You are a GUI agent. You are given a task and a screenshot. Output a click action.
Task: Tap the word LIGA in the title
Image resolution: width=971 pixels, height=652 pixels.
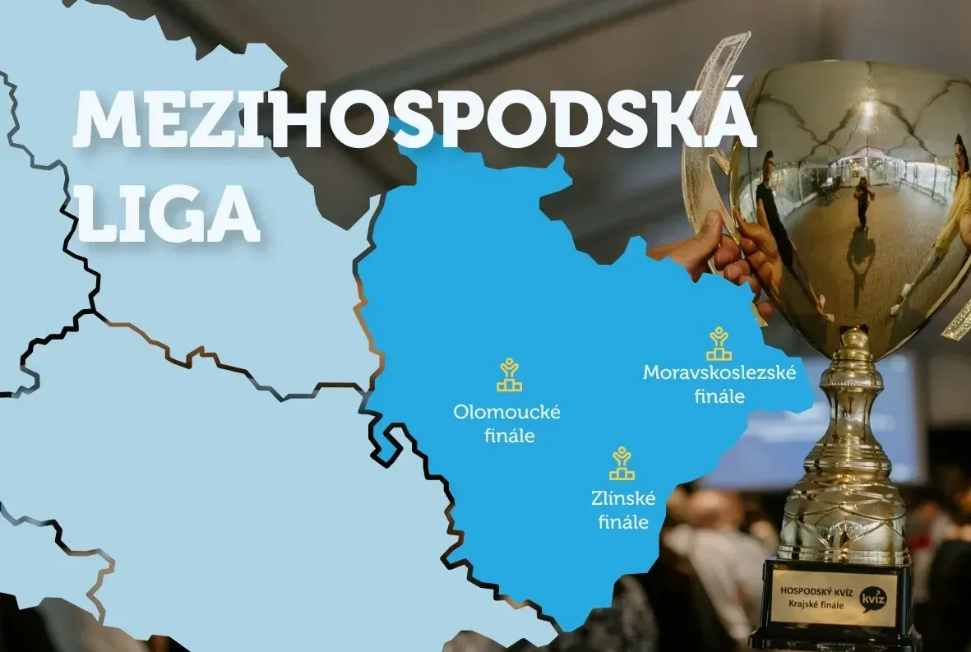[171, 211]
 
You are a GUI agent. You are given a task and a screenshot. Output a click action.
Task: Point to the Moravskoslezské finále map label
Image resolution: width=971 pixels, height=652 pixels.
[719, 384]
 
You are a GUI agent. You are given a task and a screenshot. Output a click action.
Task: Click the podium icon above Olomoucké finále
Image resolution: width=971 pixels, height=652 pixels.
[510, 375]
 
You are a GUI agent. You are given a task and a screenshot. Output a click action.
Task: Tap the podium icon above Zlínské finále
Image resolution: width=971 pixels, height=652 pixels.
[622, 464]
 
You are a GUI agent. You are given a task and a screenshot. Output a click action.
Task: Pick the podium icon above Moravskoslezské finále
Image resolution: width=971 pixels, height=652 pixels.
[720, 344]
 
